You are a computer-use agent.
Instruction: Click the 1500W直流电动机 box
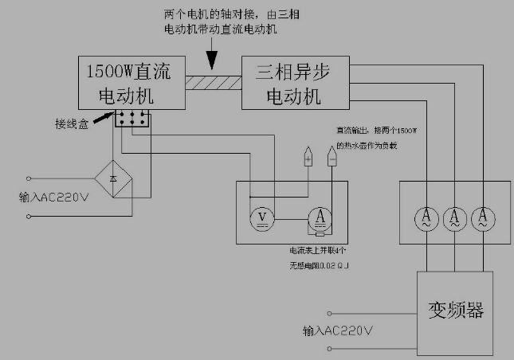(x=131, y=83)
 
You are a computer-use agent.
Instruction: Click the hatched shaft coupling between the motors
(x=214, y=81)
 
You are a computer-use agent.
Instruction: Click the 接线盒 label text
(x=70, y=124)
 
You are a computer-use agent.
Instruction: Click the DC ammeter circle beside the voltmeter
(x=320, y=217)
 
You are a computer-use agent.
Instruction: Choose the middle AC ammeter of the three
(x=454, y=217)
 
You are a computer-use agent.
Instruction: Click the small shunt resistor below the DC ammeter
(x=320, y=233)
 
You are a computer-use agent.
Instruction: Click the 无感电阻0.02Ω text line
(x=319, y=263)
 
